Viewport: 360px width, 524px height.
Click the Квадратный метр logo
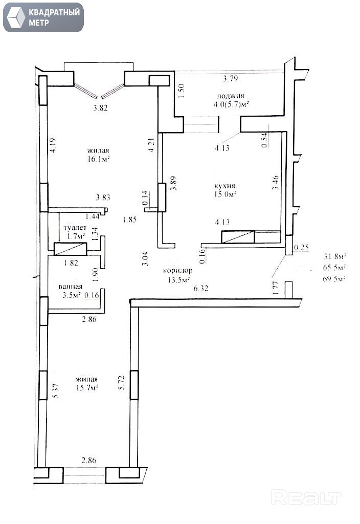coord(43,17)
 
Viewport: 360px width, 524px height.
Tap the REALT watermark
coord(306,497)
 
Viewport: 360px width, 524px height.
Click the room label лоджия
coord(231,96)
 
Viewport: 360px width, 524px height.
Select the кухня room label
coord(225,186)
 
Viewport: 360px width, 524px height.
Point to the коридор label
coord(177,270)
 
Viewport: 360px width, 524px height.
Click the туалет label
coord(75,228)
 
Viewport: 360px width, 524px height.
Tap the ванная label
coord(70,287)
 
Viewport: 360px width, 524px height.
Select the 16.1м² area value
coord(99,159)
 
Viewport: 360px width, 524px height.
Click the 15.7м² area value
coord(87,388)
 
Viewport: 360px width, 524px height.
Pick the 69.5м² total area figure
coord(334,279)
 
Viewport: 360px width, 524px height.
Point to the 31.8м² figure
coord(334,257)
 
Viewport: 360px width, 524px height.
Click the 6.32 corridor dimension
coord(201,288)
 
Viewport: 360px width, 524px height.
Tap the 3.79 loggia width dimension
coord(231,78)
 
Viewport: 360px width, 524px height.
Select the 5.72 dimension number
coord(122,383)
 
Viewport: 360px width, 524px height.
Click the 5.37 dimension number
coord(56,390)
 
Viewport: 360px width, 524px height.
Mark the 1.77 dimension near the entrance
coord(275,288)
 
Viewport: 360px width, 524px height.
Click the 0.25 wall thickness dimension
coord(301,247)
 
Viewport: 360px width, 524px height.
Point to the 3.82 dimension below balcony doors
coord(101,108)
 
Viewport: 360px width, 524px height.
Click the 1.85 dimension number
coord(129,220)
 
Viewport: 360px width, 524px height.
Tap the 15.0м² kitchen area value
coord(226,194)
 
